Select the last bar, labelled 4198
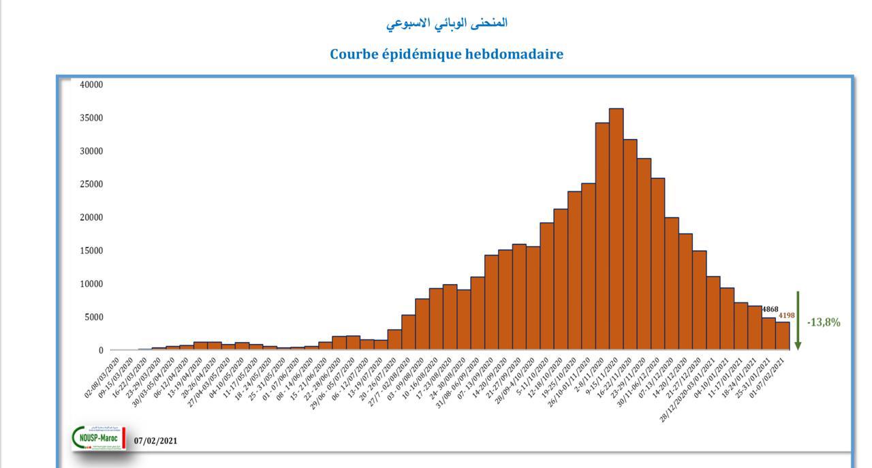(x=782, y=336)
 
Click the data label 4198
(x=786, y=315)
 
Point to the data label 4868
(x=770, y=309)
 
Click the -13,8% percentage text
(x=824, y=322)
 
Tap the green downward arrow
(x=798, y=321)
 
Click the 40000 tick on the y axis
(x=91, y=84)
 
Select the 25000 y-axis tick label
(x=91, y=184)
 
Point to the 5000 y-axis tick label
(x=93, y=317)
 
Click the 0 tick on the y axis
(x=101, y=350)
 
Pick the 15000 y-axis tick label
(x=91, y=251)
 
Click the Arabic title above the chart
(x=446, y=22)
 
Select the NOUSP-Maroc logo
(x=99, y=438)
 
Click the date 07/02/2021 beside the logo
(x=155, y=441)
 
